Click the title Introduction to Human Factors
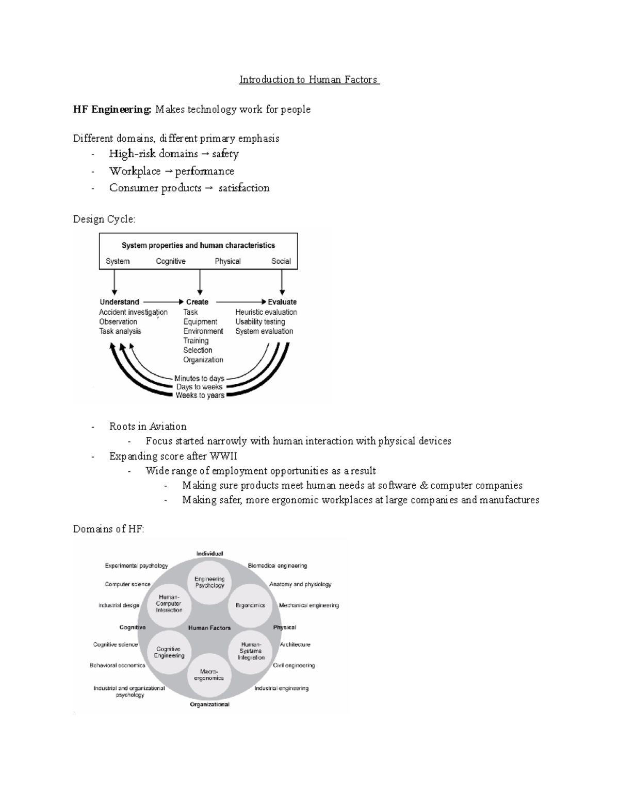click(309, 80)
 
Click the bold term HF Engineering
click(112, 109)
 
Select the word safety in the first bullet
click(225, 154)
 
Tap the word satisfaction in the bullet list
click(243, 188)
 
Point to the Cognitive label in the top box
click(171, 261)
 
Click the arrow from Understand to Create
click(163, 302)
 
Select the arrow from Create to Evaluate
click(240, 302)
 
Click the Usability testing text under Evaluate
click(260, 321)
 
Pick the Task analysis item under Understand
click(120, 331)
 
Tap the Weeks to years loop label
click(200, 395)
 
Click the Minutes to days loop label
click(199, 378)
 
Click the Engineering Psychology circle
click(209, 582)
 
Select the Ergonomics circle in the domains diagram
click(250, 605)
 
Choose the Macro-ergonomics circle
click(209, 675)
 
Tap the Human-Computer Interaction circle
click(169, 604)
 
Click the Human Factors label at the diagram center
click(209, 628)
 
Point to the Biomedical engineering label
click(277, 566)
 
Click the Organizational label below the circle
click(209, 704)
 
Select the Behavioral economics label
click(118, 665)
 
